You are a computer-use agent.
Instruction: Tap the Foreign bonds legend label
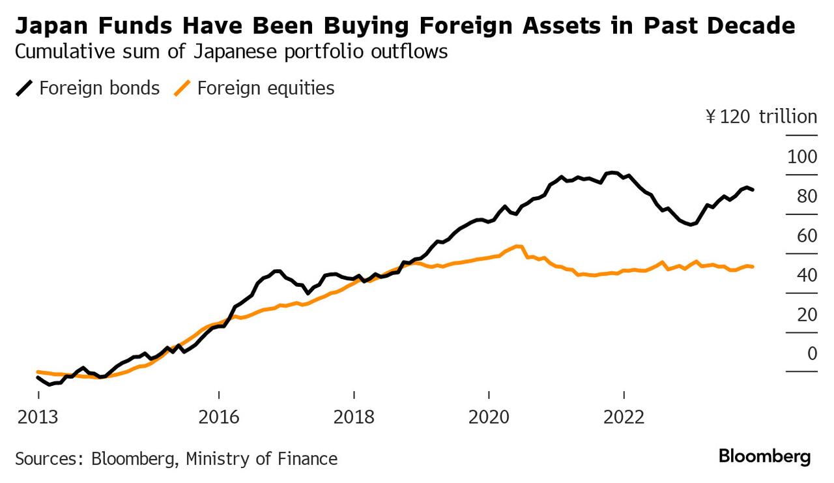[99, 88]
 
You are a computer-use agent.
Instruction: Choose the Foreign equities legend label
[266, 88]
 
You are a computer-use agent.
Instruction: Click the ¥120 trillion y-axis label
[761, 117]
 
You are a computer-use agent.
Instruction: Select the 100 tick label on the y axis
[801, 157]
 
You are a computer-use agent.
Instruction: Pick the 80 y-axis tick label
[807, 196]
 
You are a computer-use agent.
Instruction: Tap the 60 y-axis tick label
[807, 235]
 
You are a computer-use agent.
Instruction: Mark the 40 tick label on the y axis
[807, 275]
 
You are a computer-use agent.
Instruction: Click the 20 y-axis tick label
[807, 314]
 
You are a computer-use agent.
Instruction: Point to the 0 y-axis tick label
[812, 353]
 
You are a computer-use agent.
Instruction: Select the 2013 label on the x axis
[38, 416]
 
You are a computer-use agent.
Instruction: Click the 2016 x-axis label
[219, 416]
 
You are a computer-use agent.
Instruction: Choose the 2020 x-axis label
[489, 416]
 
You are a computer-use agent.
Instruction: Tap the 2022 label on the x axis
[624, 416]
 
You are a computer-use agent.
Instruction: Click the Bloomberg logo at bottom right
[765, 456]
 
